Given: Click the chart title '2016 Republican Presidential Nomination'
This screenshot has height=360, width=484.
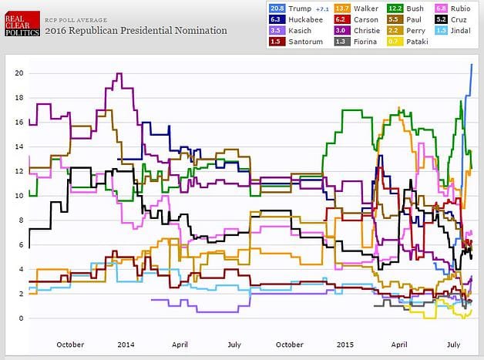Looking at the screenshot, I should coord(136,31).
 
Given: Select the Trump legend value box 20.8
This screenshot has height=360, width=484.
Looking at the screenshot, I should coord(276,8).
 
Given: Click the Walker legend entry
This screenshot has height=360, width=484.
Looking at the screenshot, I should coord(352,8).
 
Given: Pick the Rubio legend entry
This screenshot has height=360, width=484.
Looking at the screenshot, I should coord(459,8).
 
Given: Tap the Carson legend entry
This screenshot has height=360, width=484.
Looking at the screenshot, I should coord(352,19).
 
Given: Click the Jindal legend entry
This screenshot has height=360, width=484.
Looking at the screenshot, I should coord(459,30).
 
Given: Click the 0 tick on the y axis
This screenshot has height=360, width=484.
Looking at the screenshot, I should coord(22,318).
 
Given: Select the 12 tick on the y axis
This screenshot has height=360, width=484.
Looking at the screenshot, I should coord(19,171).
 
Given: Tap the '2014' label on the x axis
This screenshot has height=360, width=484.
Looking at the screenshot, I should coord(124,345).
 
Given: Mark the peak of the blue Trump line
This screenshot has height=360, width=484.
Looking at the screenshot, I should coord(472,65).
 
